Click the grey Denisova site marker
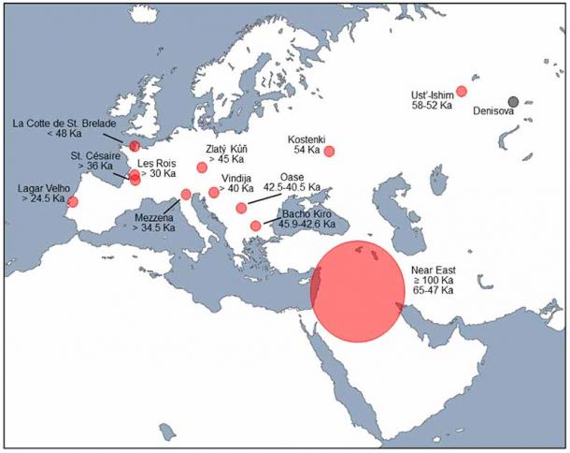click(x=513, y=101)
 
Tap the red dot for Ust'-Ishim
click(x=462, y=91)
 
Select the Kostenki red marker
click(x=329, y=152)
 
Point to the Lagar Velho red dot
click(x=73, y=201)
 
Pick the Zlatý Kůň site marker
click(x=202, y=168)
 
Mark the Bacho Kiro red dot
click(x=255, y=226)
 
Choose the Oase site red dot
click(x=241, y=208)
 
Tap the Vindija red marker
click(x=214, y=192)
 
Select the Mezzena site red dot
click(x=185, y=195)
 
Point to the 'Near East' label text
click(x=433, y=270)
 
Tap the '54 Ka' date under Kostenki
click(x=307, y=150)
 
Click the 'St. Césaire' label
click(x=92, y=154)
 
